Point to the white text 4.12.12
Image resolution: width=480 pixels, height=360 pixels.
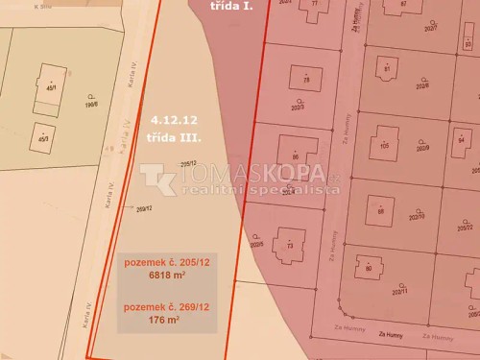click(174, 121)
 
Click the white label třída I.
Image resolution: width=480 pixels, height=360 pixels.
click(230, 5)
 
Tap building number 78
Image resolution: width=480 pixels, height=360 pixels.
click(306, 81)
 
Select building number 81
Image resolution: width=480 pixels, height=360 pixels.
click(387, 69)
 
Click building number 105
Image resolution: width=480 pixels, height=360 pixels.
click(384, 147)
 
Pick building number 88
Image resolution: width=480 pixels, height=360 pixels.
click(381, 211)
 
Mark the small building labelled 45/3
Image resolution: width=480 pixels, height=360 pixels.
click(42, 137)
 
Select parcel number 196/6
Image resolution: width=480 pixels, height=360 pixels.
click(93, 104)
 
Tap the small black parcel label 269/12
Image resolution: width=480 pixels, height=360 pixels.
click(145, 208)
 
